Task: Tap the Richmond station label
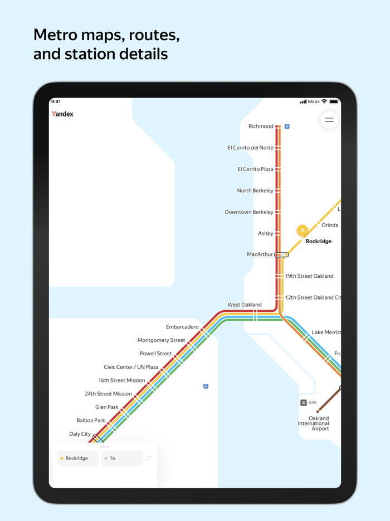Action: point(261,127)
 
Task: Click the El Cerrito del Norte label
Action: point(250,148)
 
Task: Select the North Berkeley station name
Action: point(255,191)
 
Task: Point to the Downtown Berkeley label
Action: point(249,212)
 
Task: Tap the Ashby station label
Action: point(265,234)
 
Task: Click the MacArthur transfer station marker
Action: point(282,255)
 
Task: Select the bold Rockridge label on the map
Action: point(319,242)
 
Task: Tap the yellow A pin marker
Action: point(303,230)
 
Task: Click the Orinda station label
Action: point(330,225)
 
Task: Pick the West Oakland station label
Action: point(245,305)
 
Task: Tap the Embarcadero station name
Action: point(182,327)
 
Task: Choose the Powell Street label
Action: point(156,354)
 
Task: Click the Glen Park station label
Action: point(107,407)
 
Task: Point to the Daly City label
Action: point(80,434)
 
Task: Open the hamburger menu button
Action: point(329,120)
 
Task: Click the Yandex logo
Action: point(62,114)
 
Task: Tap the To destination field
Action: point(122,459)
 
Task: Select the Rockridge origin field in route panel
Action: point(77,459)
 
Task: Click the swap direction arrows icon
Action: point(149,458)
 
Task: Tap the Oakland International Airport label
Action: point(313,423)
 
